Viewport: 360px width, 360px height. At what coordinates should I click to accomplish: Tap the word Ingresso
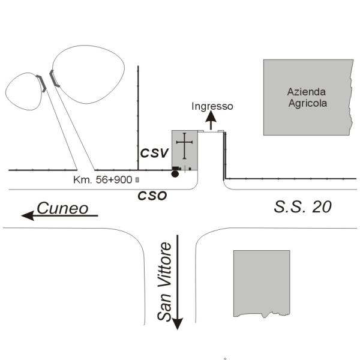pos(212,106)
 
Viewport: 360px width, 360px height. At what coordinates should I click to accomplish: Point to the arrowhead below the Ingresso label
pos(212,116)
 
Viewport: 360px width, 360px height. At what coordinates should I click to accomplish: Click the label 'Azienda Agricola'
pos(307,97)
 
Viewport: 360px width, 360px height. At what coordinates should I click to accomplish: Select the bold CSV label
pos(153,153)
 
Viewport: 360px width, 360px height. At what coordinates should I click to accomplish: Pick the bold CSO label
pos(152,195)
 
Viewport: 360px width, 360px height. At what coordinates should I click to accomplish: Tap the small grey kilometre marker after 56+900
pos(137,179)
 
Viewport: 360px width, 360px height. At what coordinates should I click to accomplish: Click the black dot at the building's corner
pos(175,174)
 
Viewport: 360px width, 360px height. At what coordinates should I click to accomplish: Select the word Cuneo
pos(63,208)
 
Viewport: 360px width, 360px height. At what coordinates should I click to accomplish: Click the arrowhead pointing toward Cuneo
pos(26,215)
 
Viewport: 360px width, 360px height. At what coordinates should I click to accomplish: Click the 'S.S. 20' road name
pos(303,208)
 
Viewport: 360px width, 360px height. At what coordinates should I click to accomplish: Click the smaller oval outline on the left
pos(23,91)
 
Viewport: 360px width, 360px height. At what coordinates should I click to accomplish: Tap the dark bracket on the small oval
pos(40,83)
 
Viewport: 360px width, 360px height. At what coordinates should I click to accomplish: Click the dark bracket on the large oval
pos(54,78)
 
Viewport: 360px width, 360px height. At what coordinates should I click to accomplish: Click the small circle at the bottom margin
pos(225,358)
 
